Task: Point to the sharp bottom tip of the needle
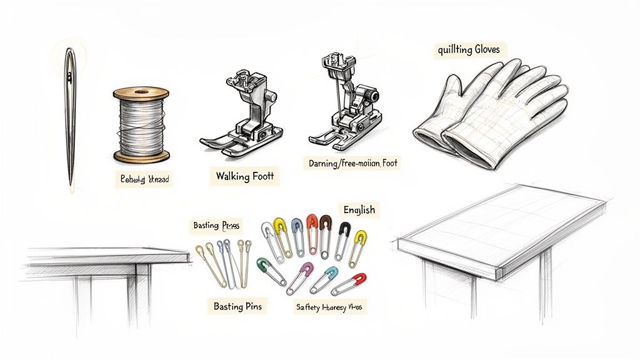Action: point(71,186)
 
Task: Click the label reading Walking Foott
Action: point(244,176)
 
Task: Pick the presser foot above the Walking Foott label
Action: point(244,112)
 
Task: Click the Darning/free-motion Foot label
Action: point(353,164)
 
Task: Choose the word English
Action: point(359,209)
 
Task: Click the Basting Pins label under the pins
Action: point(237,306)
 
